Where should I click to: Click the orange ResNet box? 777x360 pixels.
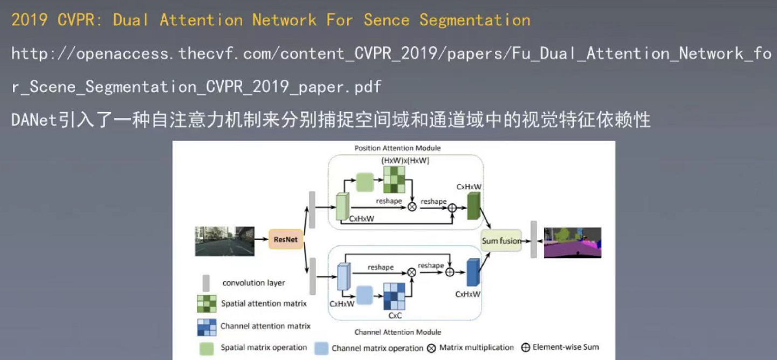click(x=285, y=239)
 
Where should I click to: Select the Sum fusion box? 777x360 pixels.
click(x=501, y=241)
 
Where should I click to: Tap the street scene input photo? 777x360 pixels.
click(x=224, y=241)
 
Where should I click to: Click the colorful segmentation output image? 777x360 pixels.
click(x=572, y=243)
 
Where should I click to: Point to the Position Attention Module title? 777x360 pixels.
click(x=397, y=148)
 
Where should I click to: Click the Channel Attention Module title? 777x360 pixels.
click(x=397, y=332)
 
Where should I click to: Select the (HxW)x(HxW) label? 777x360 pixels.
click(x=405, y=160)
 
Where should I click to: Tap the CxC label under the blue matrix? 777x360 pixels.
click(x=395, y=315)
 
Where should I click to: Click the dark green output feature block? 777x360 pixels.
click(x=473, y=207)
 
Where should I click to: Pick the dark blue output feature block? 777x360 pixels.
click(x=473, y=273)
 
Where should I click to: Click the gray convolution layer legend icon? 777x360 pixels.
click(x=206, y=283)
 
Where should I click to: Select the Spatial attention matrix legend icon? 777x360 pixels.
click(x=207, y=304)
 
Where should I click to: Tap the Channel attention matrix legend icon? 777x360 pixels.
click(x=207, y=327)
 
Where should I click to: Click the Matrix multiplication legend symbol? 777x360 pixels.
click(x=431, y=348)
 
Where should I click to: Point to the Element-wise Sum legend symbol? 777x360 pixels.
click(x=525, y=348)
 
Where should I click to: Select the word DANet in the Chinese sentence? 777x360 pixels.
click(x=34, y=120)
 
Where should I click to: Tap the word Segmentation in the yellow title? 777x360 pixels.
click(x=475, y=20)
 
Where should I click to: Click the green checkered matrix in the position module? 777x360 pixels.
click(x=394, y=179)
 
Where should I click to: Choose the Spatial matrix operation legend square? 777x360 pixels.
click(x=207, y=348)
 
